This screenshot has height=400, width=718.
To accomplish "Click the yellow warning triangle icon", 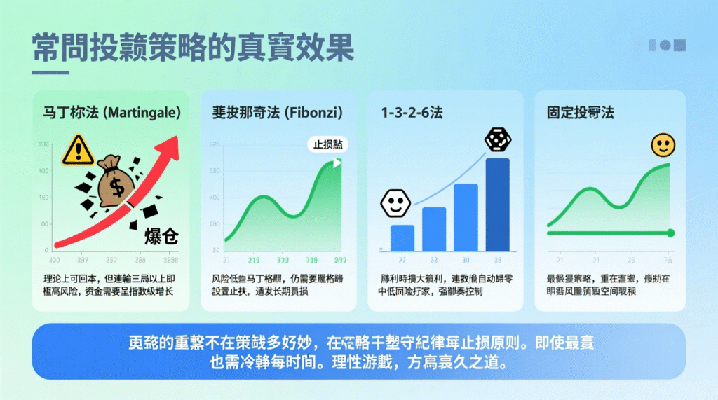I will click(77, 150).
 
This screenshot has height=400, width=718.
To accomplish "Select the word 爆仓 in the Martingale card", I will click(161, 235).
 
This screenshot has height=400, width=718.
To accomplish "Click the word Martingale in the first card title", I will click(143, 111).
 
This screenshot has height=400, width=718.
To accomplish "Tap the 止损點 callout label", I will click(328, 145).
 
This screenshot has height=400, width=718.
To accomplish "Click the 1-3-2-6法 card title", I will click(407, 111).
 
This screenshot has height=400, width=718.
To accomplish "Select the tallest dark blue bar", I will click(498, 205).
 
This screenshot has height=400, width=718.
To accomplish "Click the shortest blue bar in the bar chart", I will click(402, 238).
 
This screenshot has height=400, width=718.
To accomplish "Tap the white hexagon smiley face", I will click(394, 204).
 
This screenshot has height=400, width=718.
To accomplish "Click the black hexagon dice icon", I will click(499, 141).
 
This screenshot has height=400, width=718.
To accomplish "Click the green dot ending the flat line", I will click(671, 233).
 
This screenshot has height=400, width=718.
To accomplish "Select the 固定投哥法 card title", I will click(580, 111).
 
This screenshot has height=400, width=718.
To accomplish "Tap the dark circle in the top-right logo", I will click(665, 45).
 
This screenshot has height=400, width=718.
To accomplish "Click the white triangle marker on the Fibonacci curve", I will click(338, 163).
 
